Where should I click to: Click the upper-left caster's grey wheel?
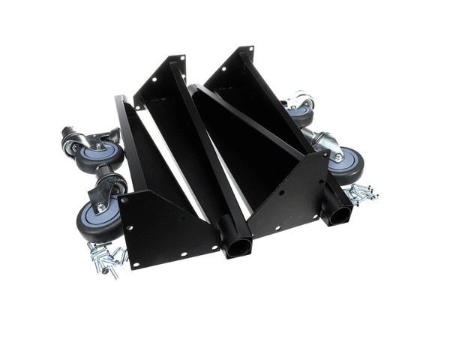click(x=98, y=154)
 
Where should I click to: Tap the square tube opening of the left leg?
click(x=238, y=244)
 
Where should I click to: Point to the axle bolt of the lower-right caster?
click(x=340, y=157)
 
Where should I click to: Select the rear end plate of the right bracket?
click(x=232, y=60)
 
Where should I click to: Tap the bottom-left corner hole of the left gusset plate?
click(x=129, y=225)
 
